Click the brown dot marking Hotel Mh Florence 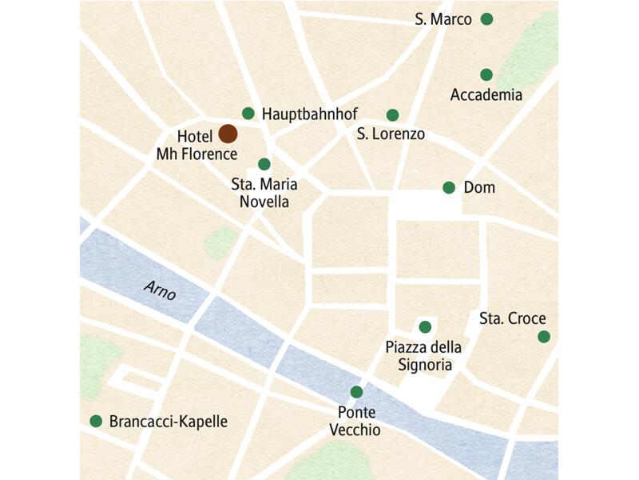click(228, 134)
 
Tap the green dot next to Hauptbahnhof click(248, 114)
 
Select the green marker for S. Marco click(486, 19)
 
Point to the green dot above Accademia click(486, 75)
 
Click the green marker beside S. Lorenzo click(392, 115)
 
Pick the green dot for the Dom click(449, 188)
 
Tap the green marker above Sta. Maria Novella click(264, 164)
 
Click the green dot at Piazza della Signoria click(425, 326)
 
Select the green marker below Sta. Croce click(544, 337)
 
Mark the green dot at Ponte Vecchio click(356, 392)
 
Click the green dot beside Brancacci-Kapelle click(97, 421)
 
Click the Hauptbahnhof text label click(309, 114)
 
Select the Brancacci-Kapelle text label click(169, 422)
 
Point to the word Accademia click(486, 95)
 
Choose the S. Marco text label click(443, 19)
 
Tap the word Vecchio click(356, 430)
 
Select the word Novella click(264, 202)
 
